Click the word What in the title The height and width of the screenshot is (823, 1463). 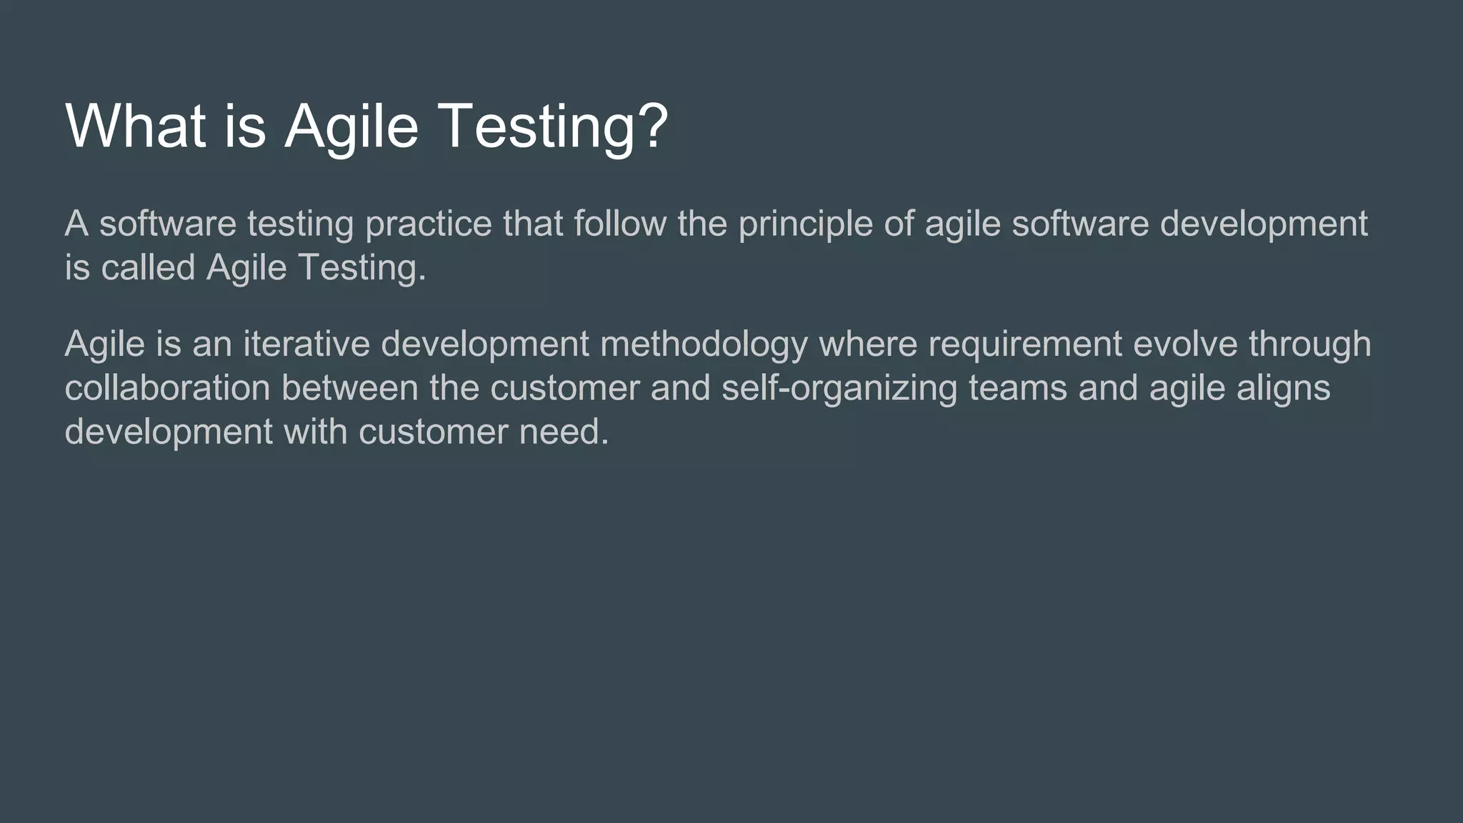pyautogui.click(x=135, y=126)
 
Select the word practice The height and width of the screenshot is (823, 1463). pyautogui.click(x=428, y=224)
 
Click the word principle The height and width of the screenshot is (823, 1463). pyautogui.click(x=805, y=224)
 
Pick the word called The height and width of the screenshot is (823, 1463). pyautogui.click(x=148, y=268)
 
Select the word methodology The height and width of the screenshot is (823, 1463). pyautogui.click(x=704, y=345)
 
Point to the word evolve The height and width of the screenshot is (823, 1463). pyautogui.click(x=1185, y=344)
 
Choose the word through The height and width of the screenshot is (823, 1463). pyautogui.click(x=1309, y=345)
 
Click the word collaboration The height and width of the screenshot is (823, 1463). pyautogui.click(x=167, y=388)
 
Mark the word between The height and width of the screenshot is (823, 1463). pyautogui.click(x=349, y=388)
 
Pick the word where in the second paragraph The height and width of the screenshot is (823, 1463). pyautogui.click(x=867, y=344)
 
